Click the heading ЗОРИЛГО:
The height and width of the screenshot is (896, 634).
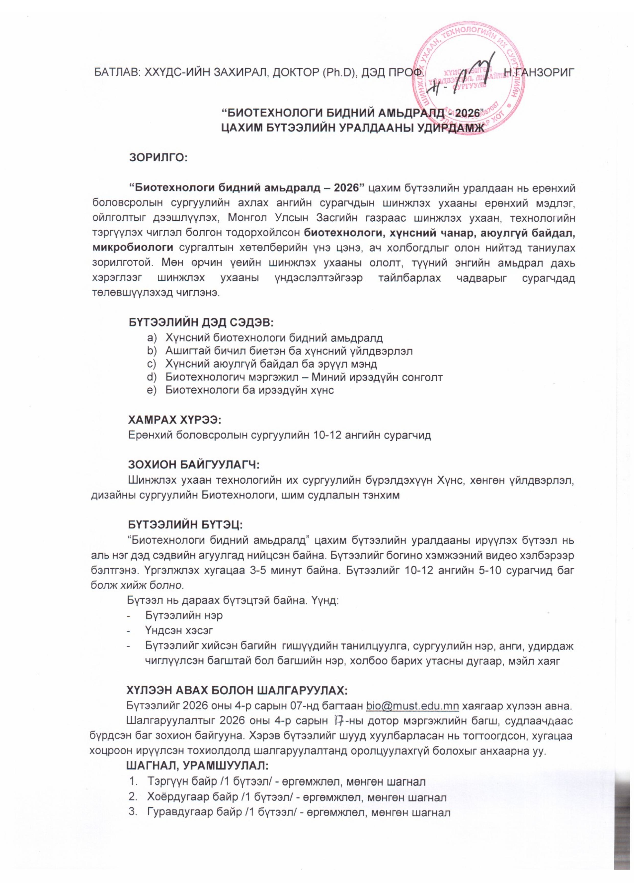pos(158,158)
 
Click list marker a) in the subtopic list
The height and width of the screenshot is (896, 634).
pos(152,337)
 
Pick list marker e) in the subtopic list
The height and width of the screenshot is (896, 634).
pos(152,390)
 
